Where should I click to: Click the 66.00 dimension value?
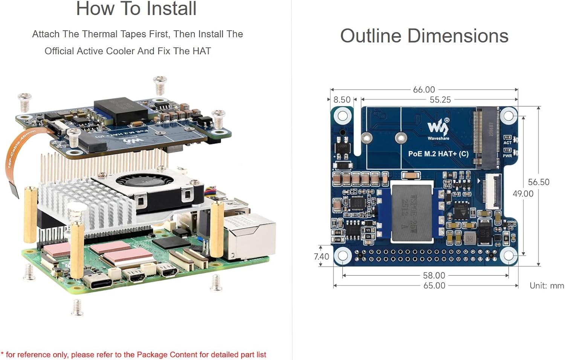pos(424,90)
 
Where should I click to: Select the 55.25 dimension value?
pos(440,100)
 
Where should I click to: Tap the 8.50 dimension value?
pos(342,100)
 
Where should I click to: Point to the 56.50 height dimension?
pos(538,182)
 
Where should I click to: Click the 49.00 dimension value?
pos(523,194)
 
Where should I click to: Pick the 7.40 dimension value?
pos(321,257)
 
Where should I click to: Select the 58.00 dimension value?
pos(434,276)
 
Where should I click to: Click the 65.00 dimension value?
pos(434,286)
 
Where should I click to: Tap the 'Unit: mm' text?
pos(547,286)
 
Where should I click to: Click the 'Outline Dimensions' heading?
pos(424,36)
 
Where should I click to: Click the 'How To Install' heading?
pos(136,9)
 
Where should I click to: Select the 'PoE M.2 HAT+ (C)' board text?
pos(438,154)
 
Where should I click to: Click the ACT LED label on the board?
pos(507,143)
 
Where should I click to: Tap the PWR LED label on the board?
pos(507,156)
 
